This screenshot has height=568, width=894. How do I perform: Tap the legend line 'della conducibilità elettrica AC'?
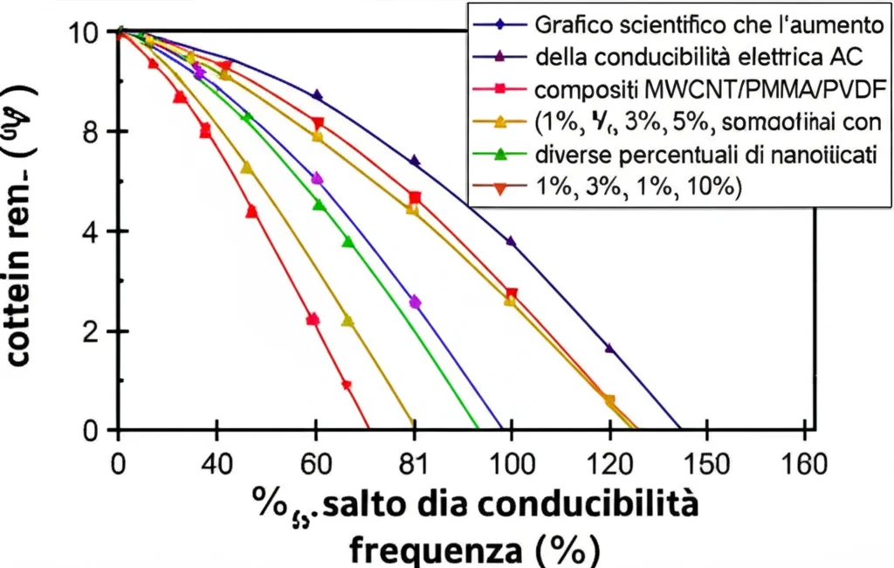point(697,57)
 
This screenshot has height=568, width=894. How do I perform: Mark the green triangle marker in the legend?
point(501,155)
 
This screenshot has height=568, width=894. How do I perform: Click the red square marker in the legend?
point(501,89)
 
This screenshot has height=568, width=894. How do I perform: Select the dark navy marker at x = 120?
point(609,348)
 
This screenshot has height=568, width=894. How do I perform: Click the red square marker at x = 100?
point(512,294)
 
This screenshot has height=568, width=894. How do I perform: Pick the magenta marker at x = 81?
point(415,302)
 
